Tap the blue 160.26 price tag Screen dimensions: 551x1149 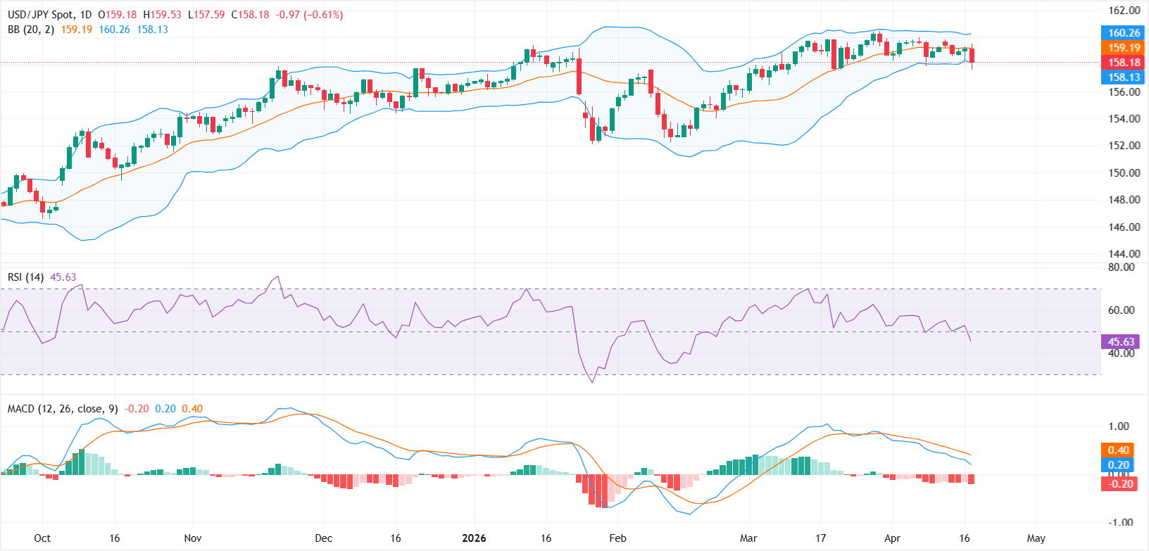pyautogui.click(x=1124, y=32)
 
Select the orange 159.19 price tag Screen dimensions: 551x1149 pyautogui.click(x=1124, y=48)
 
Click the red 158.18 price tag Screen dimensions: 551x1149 pyautogui.click(x=1124, y=63)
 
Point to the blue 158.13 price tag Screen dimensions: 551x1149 pyautogui.click(x=1124, y=77)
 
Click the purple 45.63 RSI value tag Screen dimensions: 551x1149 pyautogui.click(x=1121, y=342)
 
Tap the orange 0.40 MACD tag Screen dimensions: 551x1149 pyautogui.click(x=1118, y=450)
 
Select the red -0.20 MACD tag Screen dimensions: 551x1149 pyautogui.click(x=1118, y=483)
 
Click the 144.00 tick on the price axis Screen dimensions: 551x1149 pyautogui.click(x=1125, y=254)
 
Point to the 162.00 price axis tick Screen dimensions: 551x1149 pyautogui.click(x=1125, y=11)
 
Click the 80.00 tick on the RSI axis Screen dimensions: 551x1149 pyautogui.click(x=1121, y=267)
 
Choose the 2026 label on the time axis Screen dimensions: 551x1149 pyautogui.click(x=474, y=538)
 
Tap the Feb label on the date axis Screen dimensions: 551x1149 pyautogui.click(x=617, y=538)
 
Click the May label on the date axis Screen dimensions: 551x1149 pyautogui.click(x=1036, y=538)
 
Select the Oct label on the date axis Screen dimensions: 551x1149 pyautogui.click(x=42, y=538)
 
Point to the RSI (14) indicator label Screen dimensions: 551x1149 pyautogui.click(x=25, y=277)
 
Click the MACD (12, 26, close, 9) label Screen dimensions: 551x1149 pyautogui.click(x=63, y=409)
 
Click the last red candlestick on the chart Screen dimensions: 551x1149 pyautogui.click(x=972, y=56)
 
